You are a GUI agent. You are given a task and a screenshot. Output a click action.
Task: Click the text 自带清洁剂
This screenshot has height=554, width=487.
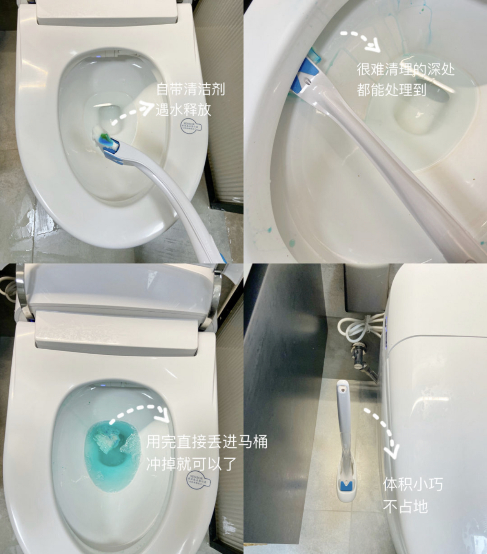[191, 89]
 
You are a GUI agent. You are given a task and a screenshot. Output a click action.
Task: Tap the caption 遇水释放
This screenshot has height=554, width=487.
[183, 110]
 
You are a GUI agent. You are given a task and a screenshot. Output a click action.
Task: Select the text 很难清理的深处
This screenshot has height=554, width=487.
[405, 69]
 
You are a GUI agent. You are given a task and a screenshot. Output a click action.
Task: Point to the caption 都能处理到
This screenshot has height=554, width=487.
[391, 90]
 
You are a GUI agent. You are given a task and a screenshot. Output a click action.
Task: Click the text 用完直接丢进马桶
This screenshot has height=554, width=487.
[207, 442]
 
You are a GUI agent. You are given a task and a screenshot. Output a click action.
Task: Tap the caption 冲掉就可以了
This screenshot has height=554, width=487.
[191, 463]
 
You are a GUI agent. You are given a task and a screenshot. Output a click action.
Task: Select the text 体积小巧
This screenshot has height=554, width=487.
[413, 484]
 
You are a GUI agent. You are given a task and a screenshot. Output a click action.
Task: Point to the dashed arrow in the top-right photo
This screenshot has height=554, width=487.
[361, 40]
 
